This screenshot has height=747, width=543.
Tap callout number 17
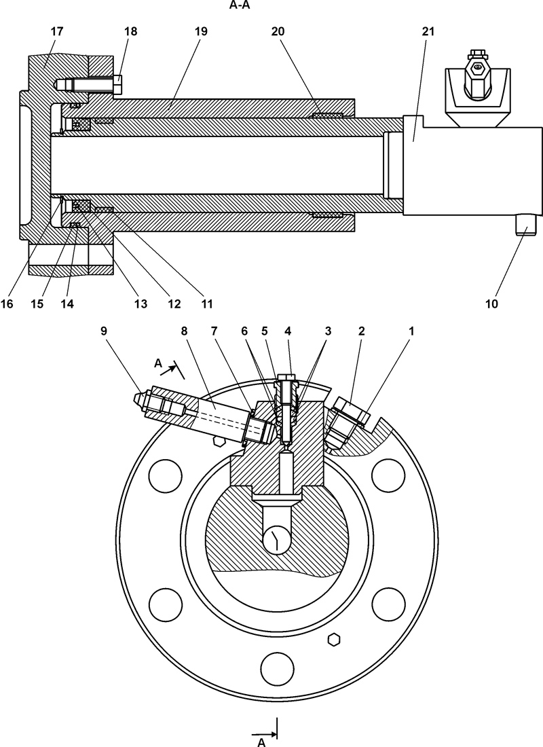pyautogui.click(x=56, y=31)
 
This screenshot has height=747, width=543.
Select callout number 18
pyautogui.click(x=130, y=31)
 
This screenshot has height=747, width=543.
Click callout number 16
pyautogui.click(x=7, y=303)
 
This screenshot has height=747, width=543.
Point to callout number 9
pyautogui.click(x=104, y=331)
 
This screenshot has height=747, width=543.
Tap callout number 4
pyautogui.click(x=288, y=331)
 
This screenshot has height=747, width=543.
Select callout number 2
pyautogui.click(x=362, y=331)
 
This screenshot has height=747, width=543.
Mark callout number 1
pyautogui.click(x=411, y=331)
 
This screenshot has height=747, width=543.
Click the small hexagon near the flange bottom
pyautogui.click(x=333, y=639)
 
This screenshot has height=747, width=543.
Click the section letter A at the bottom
pyautogui.click(x=261, y=742)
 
